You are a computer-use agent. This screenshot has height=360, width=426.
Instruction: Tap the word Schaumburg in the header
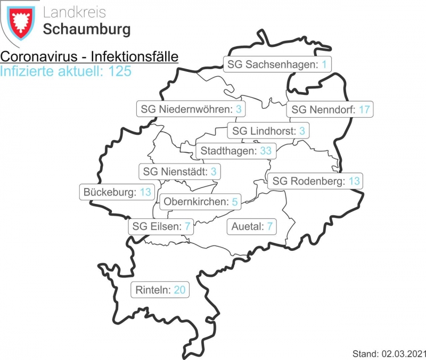click(86, 29)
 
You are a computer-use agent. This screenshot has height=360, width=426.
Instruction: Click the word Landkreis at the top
click(74, 12)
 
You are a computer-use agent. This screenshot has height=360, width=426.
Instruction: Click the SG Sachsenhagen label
click(278, 65)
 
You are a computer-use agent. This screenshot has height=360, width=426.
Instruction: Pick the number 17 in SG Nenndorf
click(364, 110)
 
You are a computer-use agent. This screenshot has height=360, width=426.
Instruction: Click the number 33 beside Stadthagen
click(266, 151)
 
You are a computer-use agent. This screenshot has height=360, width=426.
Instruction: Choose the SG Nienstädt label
click(180, 172)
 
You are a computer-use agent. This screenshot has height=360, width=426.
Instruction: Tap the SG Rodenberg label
click(316, 182)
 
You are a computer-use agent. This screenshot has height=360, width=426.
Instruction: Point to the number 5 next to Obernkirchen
click(234, 202)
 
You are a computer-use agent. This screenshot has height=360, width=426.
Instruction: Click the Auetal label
click(252, 227)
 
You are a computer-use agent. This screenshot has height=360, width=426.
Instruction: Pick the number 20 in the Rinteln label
click(179, 290)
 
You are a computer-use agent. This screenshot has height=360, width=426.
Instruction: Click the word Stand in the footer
click(364, 354)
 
